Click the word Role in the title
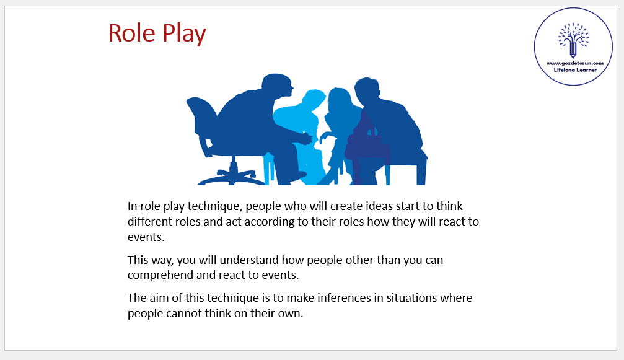[131, 33]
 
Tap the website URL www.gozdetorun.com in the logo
[574, 63]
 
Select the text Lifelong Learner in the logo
[575, 70]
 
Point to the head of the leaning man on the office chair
[278, 86]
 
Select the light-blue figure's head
[314, 100]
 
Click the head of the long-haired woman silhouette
[339, 99]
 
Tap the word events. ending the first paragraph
[146, 237]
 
